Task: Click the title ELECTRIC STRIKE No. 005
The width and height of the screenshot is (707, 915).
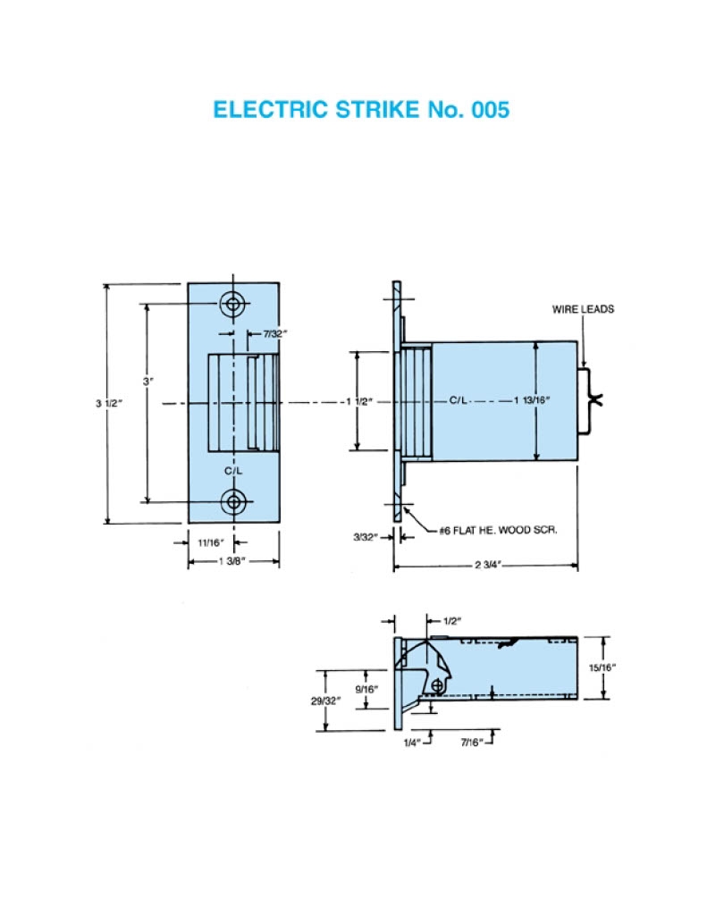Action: click(x=361, y=110)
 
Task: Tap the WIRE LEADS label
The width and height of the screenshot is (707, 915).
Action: click(x=583, y=310)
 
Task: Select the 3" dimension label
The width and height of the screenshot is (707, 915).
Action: click(x=148, y=382)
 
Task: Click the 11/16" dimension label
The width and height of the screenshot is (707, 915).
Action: click(x=207, y=542)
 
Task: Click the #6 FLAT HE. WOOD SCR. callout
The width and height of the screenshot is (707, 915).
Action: click(x=498, y=531)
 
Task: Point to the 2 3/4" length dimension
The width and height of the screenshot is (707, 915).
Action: click(x=485, y=565)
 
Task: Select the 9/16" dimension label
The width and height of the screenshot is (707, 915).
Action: click(x=366, y=689)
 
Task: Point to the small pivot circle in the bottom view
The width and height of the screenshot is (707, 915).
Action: click(x=437, y=684)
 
